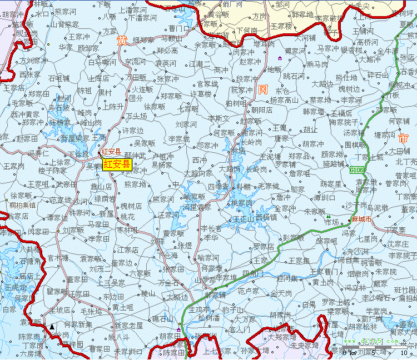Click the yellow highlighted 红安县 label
point(117,164)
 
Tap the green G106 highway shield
point(357,169)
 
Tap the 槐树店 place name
point(131,206)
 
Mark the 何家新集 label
point(78,324)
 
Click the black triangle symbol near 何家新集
point(52,327)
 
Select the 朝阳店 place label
point(261,110)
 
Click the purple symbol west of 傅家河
point(280,58)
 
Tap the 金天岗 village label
point(281,293)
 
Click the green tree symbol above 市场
point(329,217)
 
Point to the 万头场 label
point(136,116)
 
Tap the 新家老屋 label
point(128,325)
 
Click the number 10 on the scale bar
point(404,352)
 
